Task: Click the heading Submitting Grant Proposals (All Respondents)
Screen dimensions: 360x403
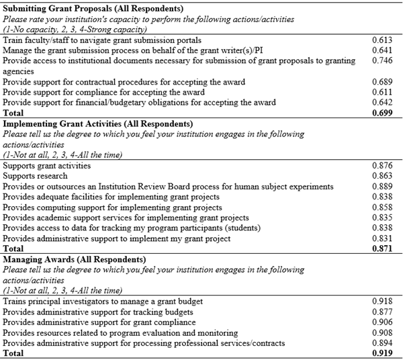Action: pyautogui.click(x=93, y=9)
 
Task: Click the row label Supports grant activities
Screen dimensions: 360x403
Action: pyautogui.click(x=47, y=165)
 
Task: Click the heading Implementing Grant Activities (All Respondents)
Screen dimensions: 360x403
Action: pyautogui.click(x=99, y=124)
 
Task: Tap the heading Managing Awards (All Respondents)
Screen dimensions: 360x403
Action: pyautogui.click(x=73, y=259)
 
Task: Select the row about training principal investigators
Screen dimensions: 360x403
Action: pyautogui.click(x=102, y=302)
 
